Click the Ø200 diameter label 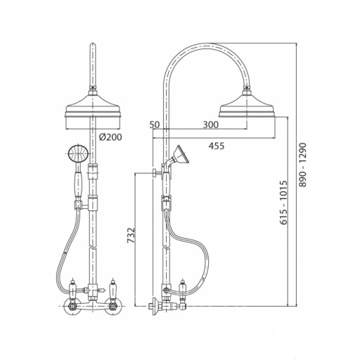pos(110,137)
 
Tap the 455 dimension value pos(217,146)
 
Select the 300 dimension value pos(210,124)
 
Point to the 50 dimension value pos(155,124)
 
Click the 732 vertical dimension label pos(131,235)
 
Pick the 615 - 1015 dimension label pos(283,202)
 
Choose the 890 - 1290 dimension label pos(303,165)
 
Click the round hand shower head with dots pos(77,154)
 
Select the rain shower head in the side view pos(247,104)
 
